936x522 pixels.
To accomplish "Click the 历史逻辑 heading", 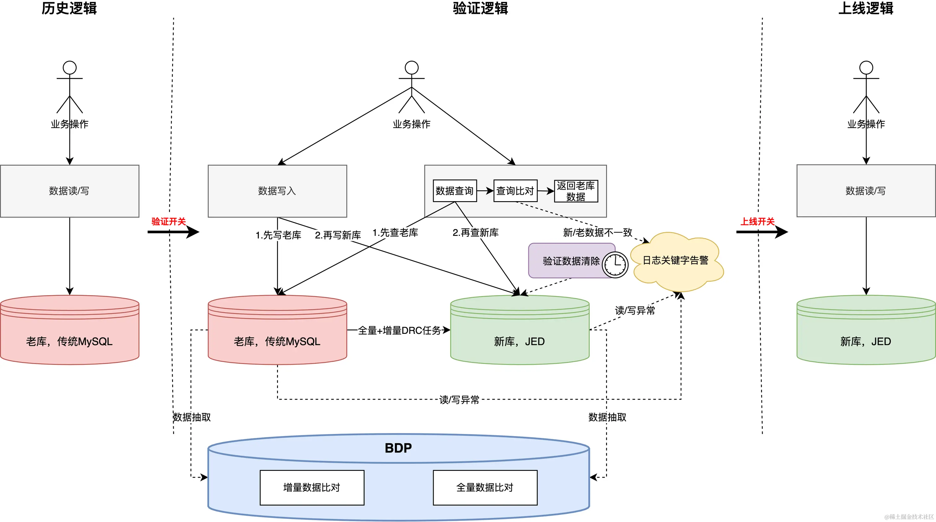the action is (69, 8).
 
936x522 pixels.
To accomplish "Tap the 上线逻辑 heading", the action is (865, 8).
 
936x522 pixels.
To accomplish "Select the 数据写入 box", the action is (277, 191).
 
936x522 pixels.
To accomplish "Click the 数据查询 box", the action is (455, 191).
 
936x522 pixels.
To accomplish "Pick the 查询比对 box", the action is (515, 191).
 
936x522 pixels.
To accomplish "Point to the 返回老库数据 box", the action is (576, 191).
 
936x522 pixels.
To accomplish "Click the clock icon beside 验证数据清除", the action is (615, 264).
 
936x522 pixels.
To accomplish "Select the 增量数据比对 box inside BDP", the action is (312, 488).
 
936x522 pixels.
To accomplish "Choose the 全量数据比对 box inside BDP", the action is (485, 488).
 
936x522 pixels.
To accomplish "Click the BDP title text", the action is (398, 448).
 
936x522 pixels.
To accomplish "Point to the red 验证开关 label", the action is (169, 222).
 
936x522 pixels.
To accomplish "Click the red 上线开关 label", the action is (758, 222).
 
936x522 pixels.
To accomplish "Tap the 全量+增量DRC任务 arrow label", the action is (399, 330).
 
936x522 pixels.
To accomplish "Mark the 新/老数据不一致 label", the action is (598, 232).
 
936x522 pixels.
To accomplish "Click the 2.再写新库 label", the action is (338, 235).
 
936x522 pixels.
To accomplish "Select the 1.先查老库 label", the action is (395, 232).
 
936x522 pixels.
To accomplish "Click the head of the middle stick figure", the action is (412, 68).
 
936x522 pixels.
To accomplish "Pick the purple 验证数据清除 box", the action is (572, 260).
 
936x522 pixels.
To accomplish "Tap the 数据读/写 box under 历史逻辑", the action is (69, 191).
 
